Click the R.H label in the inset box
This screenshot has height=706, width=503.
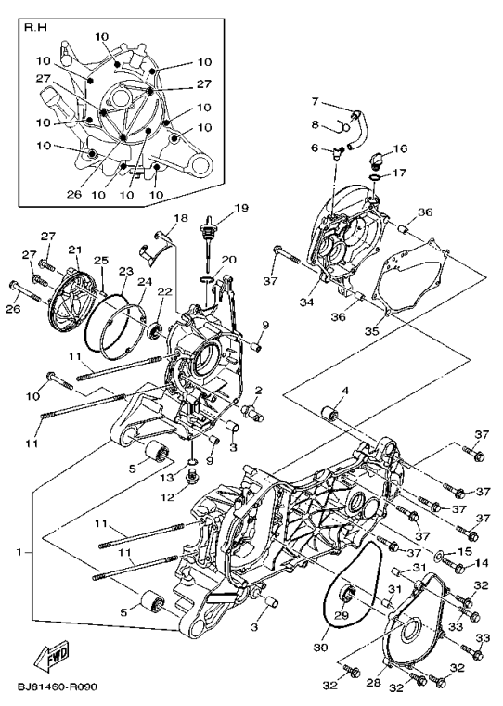(36, 28)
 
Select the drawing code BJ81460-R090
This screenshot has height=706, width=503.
(58, 689)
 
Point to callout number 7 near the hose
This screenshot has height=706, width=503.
(315, 101)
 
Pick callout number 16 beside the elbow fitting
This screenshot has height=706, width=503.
(400, 148)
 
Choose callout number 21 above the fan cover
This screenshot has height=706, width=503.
(75, 250)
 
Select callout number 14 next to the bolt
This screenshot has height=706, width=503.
(481, 563)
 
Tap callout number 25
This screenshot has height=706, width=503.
(100, 261)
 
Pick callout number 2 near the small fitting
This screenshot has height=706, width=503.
(258, 390)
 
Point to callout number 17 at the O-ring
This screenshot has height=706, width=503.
(400, 173)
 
